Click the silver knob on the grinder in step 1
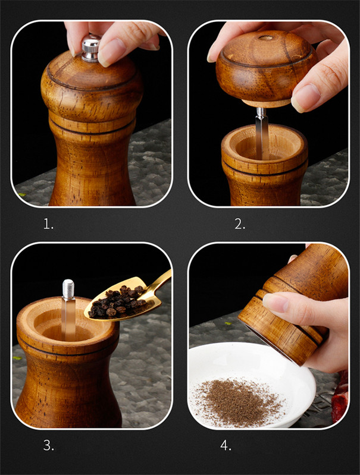click(x=90, y=49)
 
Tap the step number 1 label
click(x=48, y=224)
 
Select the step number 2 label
click(x=240, y=224)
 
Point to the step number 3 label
click(x=49, y=445)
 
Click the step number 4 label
click(x=226, y=445)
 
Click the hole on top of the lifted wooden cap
click(x=265, y=38)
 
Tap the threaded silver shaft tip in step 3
click(x=68, y=288)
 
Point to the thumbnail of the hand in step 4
click(x=276, y=303)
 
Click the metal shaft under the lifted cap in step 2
click(x=261, y=133)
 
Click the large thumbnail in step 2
click(x=305, y=97)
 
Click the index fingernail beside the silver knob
click(x=111, y=52)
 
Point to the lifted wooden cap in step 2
click(x=265, y=68)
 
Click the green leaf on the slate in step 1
click(x=21, y=194)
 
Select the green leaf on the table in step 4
click(x=227, y=323)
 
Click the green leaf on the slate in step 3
click(x=18, y=358)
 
